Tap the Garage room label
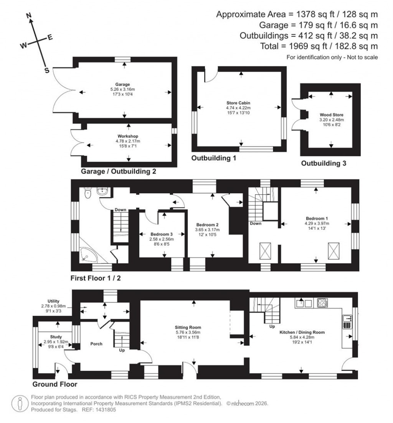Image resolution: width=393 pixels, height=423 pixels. (123, 84)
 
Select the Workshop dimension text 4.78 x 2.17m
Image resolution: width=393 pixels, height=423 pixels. (128, 141)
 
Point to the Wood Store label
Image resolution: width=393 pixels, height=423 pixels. (331, 115)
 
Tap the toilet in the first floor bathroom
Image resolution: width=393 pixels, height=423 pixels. (88, 192)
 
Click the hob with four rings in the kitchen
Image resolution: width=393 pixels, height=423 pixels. (322, 303)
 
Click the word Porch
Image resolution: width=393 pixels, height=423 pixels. (96, 344)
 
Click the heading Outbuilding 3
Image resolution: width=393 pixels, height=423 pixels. (324, 163)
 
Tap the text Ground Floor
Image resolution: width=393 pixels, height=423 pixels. (54, 384)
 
